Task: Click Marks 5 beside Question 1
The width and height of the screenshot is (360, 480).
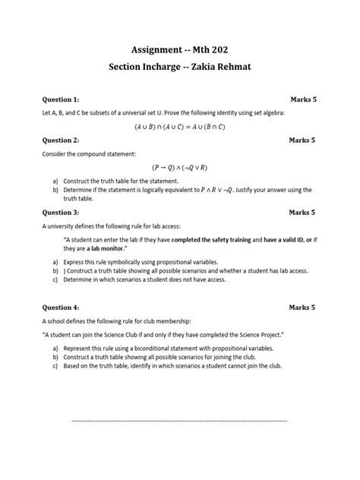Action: click(x=302, y=99)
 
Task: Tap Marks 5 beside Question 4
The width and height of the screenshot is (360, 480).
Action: click(x=302, y=308)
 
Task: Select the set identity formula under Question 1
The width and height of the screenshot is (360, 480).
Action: click(x=179, y=127)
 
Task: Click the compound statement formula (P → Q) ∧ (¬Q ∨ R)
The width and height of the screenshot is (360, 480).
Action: click(x=179, y=168)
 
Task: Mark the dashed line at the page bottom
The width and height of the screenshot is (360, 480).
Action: click(x=179, y=419)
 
